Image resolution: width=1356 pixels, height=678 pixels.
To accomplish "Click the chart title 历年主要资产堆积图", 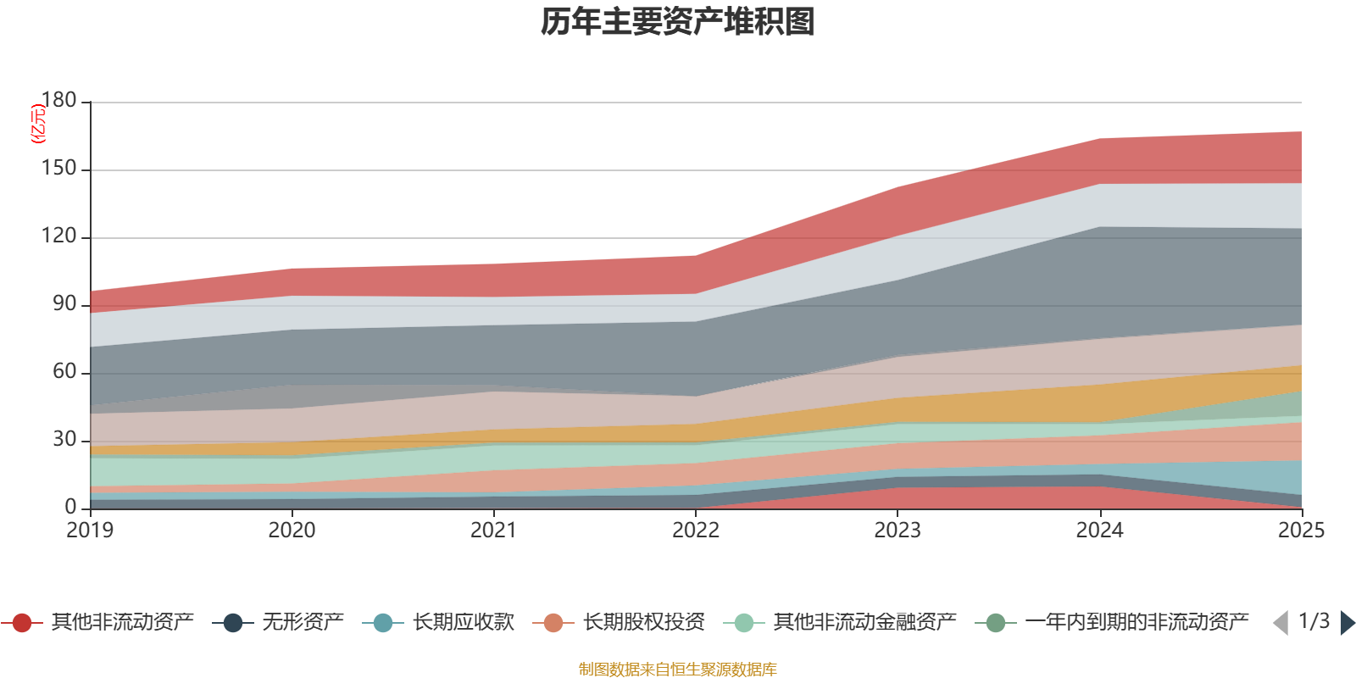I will [678, 22].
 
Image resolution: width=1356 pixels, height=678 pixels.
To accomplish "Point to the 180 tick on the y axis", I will [58, 101].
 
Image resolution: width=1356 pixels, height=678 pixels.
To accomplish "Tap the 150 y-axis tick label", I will [58, 169].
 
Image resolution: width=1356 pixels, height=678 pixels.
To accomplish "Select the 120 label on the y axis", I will [58, 236].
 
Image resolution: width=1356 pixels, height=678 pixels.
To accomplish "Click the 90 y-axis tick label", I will [64, 304].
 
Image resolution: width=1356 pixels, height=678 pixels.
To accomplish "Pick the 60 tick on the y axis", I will [64, 372].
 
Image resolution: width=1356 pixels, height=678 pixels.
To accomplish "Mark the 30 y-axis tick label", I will [64, 440].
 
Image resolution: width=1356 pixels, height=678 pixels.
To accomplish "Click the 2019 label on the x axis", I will [90, 531].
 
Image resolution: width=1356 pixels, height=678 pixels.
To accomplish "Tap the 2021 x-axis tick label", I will [493, 531].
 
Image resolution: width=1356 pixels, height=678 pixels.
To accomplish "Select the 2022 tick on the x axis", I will [696, 531].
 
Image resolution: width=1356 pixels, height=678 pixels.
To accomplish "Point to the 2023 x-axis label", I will [898, 531].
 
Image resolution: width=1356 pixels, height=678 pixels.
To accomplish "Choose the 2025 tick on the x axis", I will [1301, 531].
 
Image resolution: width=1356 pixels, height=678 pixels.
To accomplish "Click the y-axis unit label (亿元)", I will [38, 124].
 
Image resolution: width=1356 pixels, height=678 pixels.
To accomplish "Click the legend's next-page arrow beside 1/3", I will [1348, 624].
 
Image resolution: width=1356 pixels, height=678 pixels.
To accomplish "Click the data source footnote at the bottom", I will [678, 670].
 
